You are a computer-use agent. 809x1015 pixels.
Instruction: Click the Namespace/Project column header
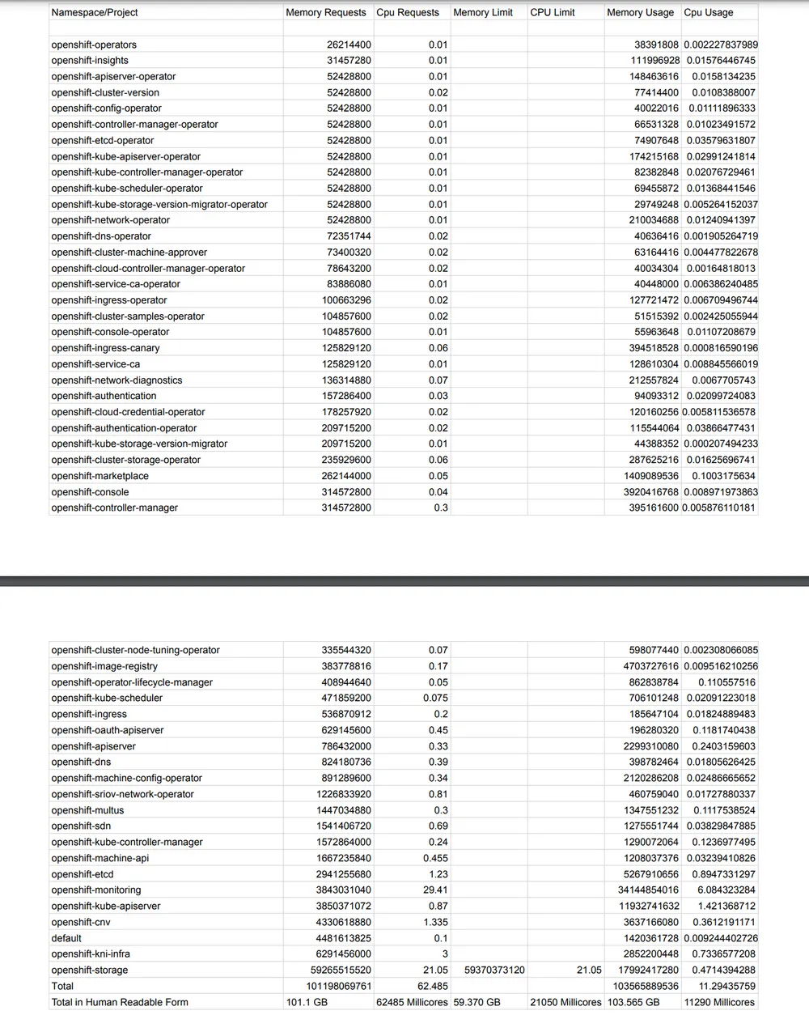95,12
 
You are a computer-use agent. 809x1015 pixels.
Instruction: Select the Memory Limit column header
483,12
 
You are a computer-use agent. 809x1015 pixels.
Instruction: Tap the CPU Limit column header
553,12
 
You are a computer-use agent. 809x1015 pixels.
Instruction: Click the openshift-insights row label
90,60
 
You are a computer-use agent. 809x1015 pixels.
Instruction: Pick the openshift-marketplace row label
100,476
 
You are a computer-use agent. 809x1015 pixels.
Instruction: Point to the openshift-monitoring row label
95,890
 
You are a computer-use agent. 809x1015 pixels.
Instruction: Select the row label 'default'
66,938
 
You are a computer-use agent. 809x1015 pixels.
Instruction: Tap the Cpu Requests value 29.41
436,890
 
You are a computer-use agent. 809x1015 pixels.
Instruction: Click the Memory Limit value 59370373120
494,970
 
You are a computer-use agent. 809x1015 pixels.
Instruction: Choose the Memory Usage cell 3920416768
650,492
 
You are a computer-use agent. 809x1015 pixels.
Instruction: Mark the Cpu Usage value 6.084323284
723,890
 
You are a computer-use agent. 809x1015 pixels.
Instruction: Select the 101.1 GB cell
307,1002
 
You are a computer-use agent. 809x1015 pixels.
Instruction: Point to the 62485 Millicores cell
412,1002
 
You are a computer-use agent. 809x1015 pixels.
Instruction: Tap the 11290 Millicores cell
720,1002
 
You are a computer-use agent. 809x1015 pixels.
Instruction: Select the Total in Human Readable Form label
120,1002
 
